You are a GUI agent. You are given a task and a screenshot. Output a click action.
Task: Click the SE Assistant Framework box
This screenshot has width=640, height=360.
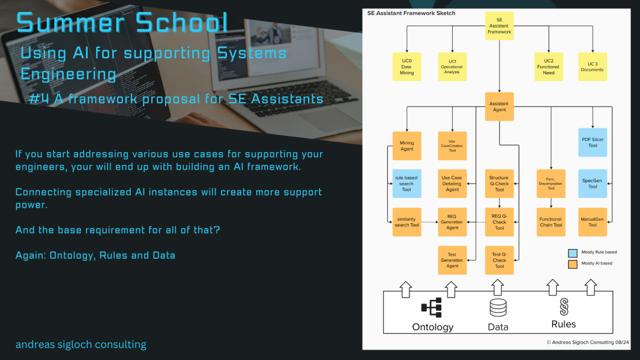pos(499,26)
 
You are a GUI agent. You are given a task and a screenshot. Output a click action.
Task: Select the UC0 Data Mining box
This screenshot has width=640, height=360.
pos(406,67)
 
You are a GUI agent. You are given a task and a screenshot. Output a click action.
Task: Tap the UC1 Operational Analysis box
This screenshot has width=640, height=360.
pos(451,67)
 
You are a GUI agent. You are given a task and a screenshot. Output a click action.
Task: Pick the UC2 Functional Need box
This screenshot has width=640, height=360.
pos(548,67)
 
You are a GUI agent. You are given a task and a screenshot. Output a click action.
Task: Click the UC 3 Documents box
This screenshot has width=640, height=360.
pos(592,67)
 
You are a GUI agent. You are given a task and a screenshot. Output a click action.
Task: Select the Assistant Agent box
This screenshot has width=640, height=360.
pos(499,107)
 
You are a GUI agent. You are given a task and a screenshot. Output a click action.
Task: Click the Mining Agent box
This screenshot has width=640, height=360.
pos(406,146)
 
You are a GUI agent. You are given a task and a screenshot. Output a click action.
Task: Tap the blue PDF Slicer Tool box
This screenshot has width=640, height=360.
pos(593,142)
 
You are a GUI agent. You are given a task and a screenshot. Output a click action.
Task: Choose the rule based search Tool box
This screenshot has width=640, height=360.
pos(406,184)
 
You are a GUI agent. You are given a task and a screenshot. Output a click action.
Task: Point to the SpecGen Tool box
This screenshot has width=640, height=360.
pos(593,184)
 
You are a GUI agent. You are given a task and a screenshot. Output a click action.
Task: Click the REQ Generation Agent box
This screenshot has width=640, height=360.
pos(451,222)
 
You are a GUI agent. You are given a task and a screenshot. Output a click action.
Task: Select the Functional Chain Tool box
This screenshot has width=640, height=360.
pos(550,222)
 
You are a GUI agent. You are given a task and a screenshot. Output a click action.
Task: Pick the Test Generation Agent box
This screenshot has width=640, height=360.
pos(451,260)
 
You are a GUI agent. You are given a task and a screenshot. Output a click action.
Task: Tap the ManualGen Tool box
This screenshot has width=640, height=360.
pos(593,222)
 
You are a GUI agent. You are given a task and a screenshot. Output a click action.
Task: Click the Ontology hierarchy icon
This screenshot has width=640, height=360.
pos(431,308)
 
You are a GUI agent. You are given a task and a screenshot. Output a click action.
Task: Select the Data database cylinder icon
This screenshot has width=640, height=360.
pos(498,308)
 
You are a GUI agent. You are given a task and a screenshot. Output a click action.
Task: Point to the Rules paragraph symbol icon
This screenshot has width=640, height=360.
pos(564,307)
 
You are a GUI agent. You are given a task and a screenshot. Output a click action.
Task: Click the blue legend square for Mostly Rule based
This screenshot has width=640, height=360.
pos(572,253)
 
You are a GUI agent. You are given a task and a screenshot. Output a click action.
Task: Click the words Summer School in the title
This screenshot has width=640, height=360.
pos(122,23)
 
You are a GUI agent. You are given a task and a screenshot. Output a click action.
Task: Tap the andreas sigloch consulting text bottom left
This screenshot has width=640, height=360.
pos(80,344)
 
